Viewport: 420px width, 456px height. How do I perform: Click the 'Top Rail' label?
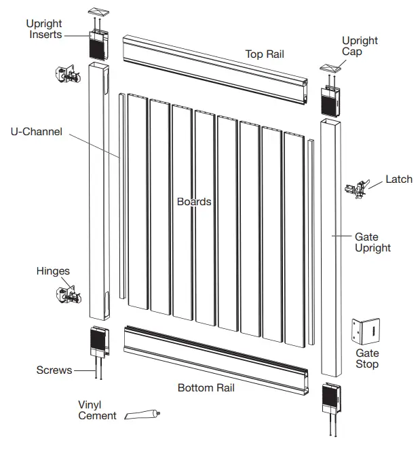click(265, 54)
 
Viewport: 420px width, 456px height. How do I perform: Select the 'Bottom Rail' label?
click(206, 388)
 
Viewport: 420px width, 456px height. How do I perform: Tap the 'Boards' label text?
click(194, 202)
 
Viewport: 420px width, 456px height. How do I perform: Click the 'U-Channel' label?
click(36, 131)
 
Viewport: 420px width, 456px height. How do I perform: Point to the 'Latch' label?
click(398, 179)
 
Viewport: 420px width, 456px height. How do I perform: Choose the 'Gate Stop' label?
click(367, 359)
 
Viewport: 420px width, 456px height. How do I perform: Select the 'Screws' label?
click(54, 370)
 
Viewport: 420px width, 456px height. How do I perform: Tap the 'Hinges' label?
click(53, 271)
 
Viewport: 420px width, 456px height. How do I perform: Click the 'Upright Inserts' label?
click(45, 29)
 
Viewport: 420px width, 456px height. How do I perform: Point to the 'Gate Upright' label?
click(373, 243)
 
